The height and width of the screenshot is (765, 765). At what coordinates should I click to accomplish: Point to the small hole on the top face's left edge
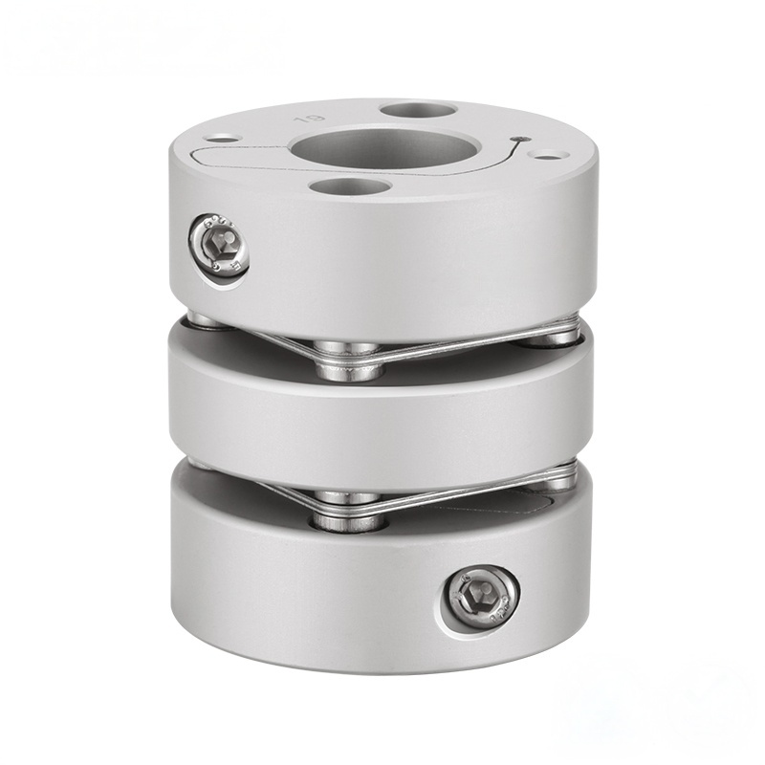pyautogui.click(x=222, y=139)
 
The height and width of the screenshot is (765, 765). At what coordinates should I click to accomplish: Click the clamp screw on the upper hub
pyautogui.click(x=219, y=246)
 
